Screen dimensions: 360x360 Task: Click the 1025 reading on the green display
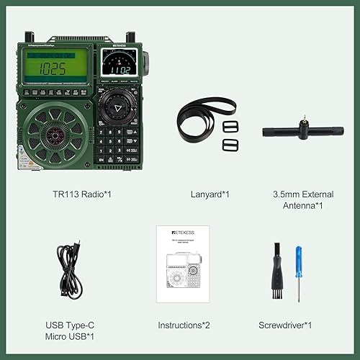coord(53,69)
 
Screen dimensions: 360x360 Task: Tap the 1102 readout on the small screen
coord(119,71)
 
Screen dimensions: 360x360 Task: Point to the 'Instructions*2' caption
coord(185,325)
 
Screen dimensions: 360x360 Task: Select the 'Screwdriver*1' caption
coord(286,325)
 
